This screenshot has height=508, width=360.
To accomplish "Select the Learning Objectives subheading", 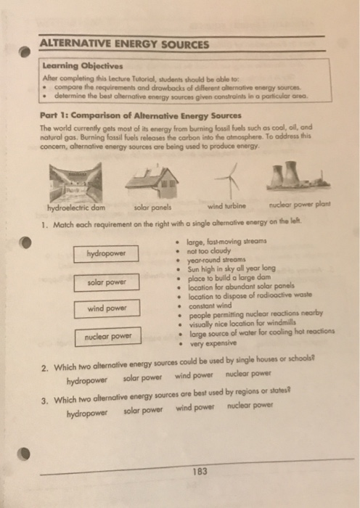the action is tap(77, 65).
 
